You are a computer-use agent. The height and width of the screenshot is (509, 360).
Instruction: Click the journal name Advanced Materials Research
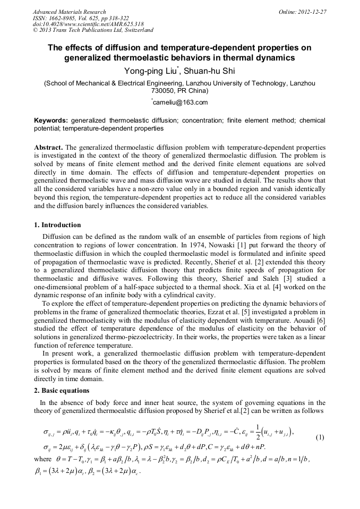coord(69,12)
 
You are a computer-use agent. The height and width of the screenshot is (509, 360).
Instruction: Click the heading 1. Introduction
coord(57,225)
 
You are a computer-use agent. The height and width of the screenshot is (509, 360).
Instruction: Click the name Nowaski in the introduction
coord(221,244)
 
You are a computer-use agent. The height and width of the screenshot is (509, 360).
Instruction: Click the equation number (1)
coord(320,438)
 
